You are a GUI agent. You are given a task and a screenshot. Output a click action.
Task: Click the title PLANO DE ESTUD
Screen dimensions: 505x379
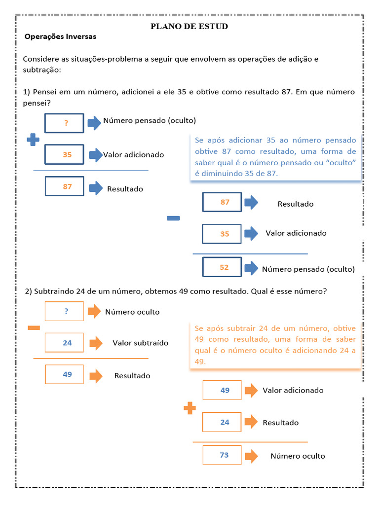(x=189, y=26)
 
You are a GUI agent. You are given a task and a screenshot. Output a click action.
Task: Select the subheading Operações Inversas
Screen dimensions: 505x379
(x=60, y=36)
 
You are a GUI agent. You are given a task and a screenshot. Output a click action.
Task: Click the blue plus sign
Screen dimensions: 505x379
(x=33, y=140)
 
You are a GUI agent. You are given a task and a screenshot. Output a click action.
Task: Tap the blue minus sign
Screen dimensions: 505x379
(x=173, y=218)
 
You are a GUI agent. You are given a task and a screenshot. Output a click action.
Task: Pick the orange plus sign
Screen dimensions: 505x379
(x=189, y=408)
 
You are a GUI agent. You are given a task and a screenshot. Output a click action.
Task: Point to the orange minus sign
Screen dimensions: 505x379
(x=34, y=328)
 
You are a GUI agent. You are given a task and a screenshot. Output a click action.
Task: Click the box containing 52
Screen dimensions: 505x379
(x=222, y=267)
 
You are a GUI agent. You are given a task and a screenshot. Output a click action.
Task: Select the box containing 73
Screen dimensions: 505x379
(x=222, y=455)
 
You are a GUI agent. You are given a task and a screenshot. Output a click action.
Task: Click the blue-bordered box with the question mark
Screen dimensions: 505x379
(x=65, y=123)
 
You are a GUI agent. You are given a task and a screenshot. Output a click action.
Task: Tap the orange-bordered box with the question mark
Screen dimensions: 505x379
(x=65, y=311)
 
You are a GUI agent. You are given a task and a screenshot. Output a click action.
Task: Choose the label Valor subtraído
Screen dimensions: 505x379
(x=140, y=343)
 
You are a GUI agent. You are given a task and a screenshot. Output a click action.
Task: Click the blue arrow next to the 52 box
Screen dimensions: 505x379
(x=251, y=268)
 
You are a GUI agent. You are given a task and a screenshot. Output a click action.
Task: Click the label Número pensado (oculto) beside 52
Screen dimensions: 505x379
(x=308, y=269)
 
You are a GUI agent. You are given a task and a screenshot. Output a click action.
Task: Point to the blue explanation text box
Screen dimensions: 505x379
(x=275, y=157)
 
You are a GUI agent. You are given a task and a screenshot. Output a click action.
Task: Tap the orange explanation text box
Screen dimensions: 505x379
(x=275, y=345)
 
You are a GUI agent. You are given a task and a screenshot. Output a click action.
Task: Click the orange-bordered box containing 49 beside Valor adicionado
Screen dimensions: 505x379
(x=222, y=390)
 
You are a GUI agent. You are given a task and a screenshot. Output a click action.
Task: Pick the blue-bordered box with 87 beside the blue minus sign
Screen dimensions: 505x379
(x=222, y=202)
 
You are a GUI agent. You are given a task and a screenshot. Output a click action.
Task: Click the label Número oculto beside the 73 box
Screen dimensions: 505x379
(x=298, y=456)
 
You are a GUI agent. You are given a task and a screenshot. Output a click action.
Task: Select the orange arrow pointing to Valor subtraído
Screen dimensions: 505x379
(x=96, y=343)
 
